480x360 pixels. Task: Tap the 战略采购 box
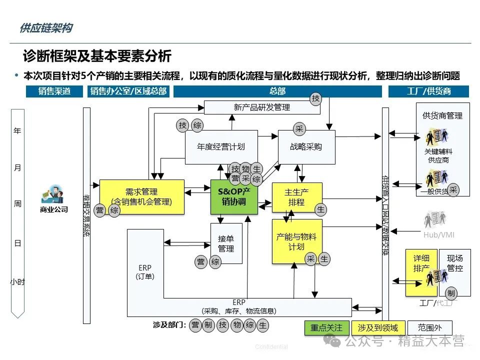tap(306, 147)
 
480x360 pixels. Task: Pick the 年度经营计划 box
tap(221, 147)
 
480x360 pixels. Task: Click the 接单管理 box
tap(226, 243)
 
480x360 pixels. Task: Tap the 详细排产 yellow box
tap(421, 263)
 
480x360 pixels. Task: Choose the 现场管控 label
tap(454, 263)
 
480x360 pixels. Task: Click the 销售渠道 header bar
tap(54, 91)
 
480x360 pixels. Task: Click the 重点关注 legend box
tap(326, 328)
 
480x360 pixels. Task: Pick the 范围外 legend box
tap(429, 328)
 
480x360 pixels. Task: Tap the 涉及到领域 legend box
tap(378, 328)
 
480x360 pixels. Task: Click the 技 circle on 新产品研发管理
tap(315, 98)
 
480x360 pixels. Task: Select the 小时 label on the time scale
tap(17, 282)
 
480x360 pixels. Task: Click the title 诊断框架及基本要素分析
tap(97, 55)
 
